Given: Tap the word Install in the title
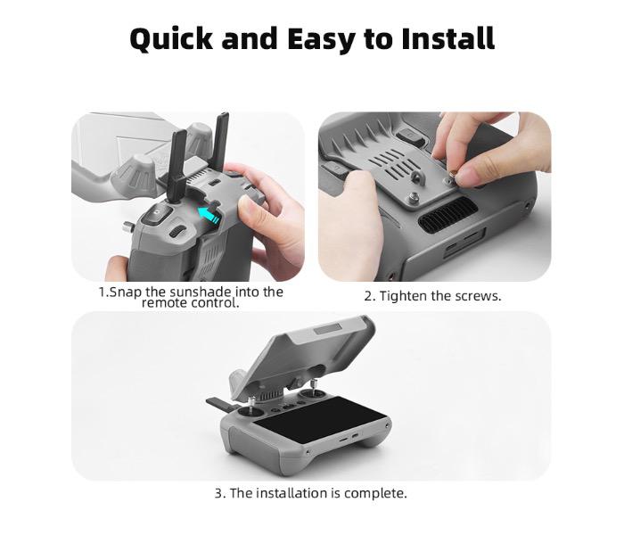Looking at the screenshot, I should tap(447, 39).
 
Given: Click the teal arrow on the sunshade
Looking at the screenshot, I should tap(208, 213).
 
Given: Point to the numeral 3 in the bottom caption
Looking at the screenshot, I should tap(218, 493).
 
